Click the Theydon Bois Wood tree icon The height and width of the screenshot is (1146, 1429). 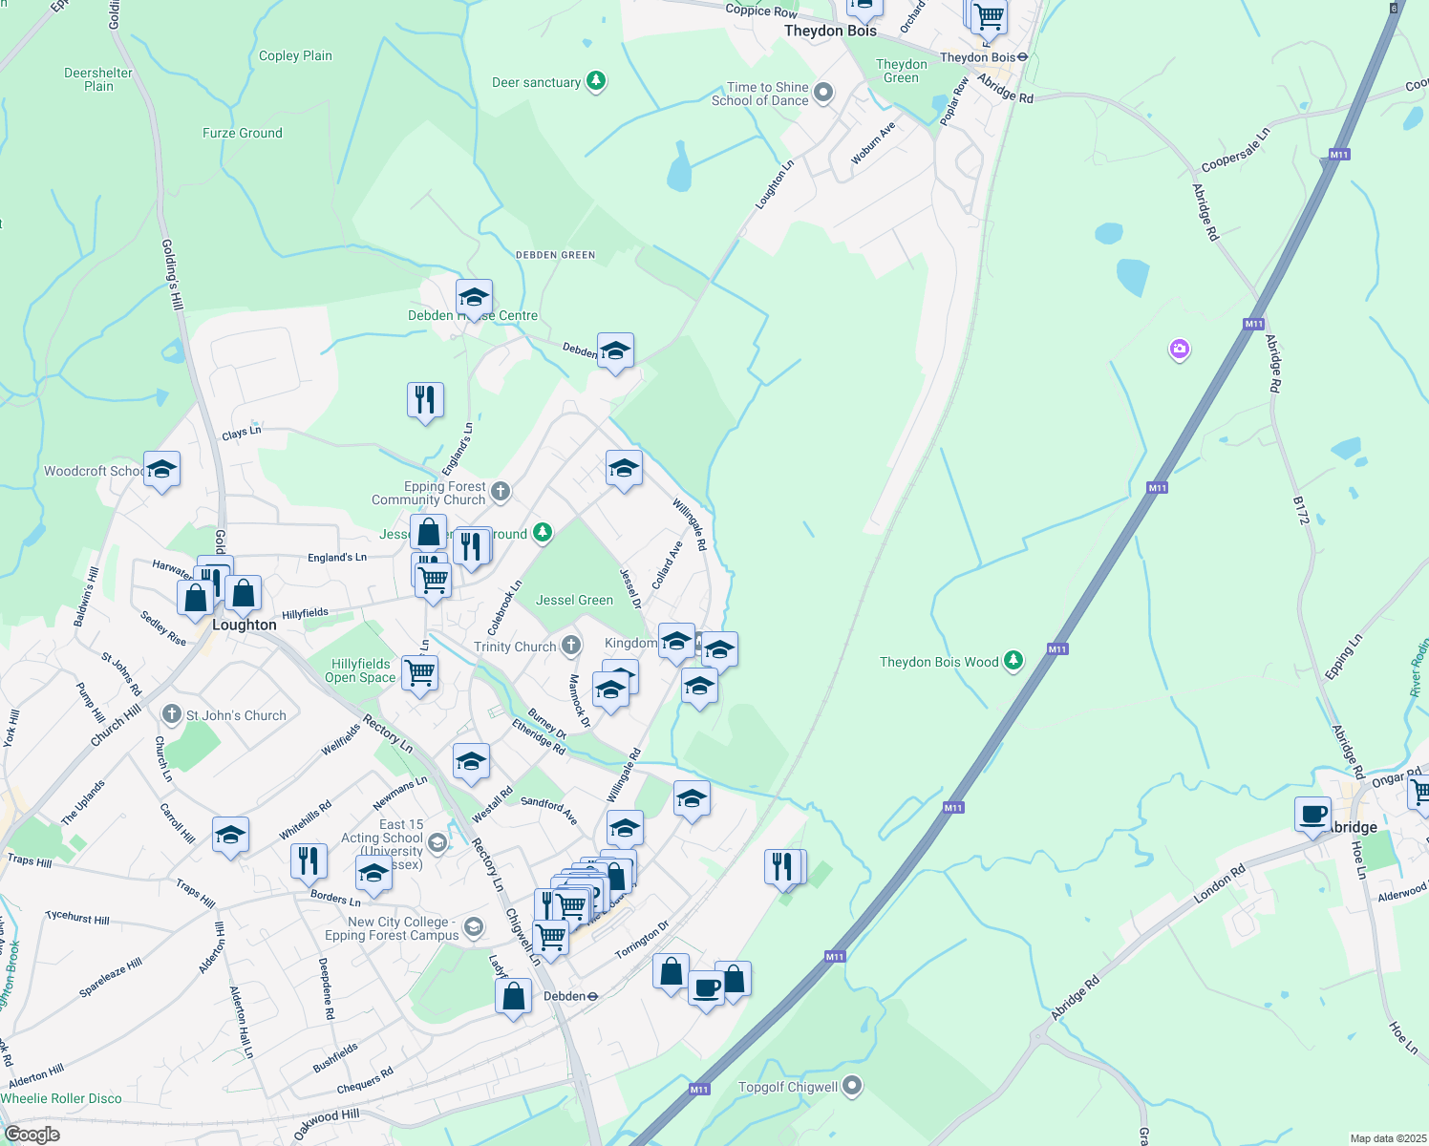pyautogui.click(x=1013, y=660)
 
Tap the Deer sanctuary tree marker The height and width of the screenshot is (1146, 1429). pyautogui.click(x=596, y=81)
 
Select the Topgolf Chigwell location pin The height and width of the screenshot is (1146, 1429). pyautogui.click(x=852, y=1086)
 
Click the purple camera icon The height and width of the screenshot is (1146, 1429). pyautogui.click(x=1180, y=349)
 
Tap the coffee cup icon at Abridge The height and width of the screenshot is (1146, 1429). pyautogui.click(x=1313, y=814)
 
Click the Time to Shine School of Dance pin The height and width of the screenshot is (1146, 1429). pyautogui.click(x=823, y=93)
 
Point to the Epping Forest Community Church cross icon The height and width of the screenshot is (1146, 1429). pyautogui.click(x=501, y=492)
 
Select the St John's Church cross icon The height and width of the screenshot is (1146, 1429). pyautogui.click(x=172, y=713)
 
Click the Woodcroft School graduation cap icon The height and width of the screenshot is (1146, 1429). pyautogui.click(x=161, y=470)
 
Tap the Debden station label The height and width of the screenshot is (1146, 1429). pyautogui.click(x=564, y=996)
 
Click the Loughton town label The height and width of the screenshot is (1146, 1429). pyautogui.click(x=244, y=625)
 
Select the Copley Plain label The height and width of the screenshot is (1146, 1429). pyautogui.click(x=295, y=55)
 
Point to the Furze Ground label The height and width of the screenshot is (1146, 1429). pyautogui.click(x=242, y=133)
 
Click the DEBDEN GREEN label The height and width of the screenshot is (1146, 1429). pyautogui.click(x=555, y=255)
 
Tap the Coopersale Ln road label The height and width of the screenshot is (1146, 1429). pyautogui.click(x=1235, y=150)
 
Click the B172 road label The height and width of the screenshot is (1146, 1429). pyautogui.click(x=1300, y=510)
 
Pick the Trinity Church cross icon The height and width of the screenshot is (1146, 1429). pyautogui.click(x=570, y=646)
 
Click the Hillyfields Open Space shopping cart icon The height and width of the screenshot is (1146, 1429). pyautogui.click(x=419, y=672)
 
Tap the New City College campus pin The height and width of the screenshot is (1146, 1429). pyautogui.click(x=473, y=926)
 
